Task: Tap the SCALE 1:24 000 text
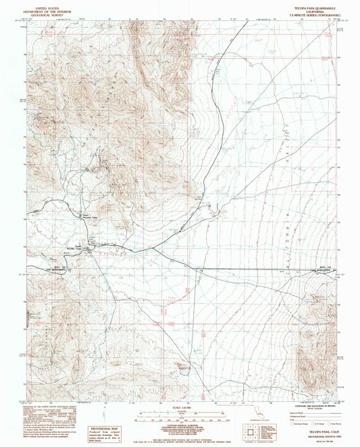click(x=180, y=406)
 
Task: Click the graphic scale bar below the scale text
click(x=180, y=413)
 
